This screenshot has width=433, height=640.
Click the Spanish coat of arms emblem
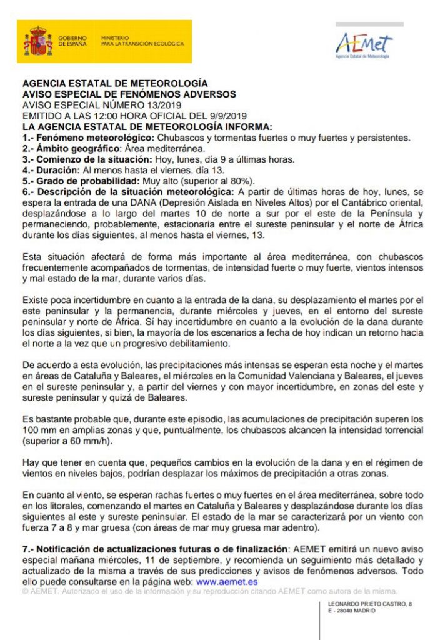point(38,42)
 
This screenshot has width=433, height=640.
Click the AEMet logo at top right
point(364,44)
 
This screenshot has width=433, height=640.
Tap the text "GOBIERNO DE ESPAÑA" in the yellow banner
point(72,41)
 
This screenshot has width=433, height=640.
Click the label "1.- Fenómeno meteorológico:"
point(88,137)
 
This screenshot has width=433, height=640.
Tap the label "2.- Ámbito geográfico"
point(71,148)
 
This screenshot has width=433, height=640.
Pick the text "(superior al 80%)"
point(216,180)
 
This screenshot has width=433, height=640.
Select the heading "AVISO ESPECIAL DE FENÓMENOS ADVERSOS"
point(129,94)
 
